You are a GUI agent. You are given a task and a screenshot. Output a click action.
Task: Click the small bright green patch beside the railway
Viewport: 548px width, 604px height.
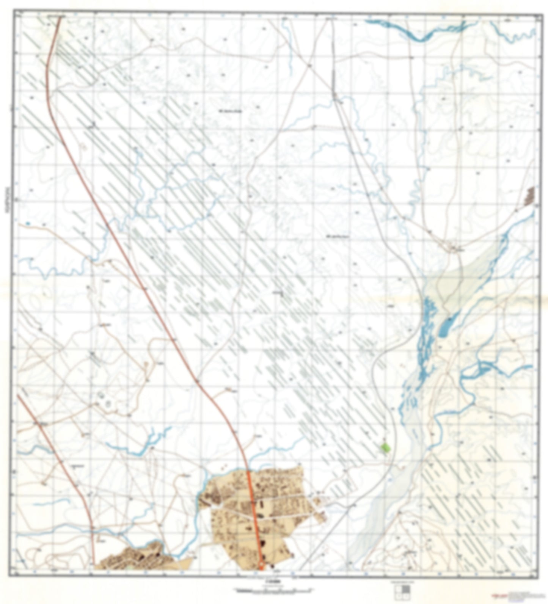386,448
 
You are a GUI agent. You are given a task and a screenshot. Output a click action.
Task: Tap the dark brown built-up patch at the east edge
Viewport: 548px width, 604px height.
529,195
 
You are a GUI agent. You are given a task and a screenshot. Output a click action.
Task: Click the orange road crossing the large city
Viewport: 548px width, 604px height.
253,519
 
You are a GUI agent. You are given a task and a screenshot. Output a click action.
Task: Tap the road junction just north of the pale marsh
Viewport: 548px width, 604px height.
455,248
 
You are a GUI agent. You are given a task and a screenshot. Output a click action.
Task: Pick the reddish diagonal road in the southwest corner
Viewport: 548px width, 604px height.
57,447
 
